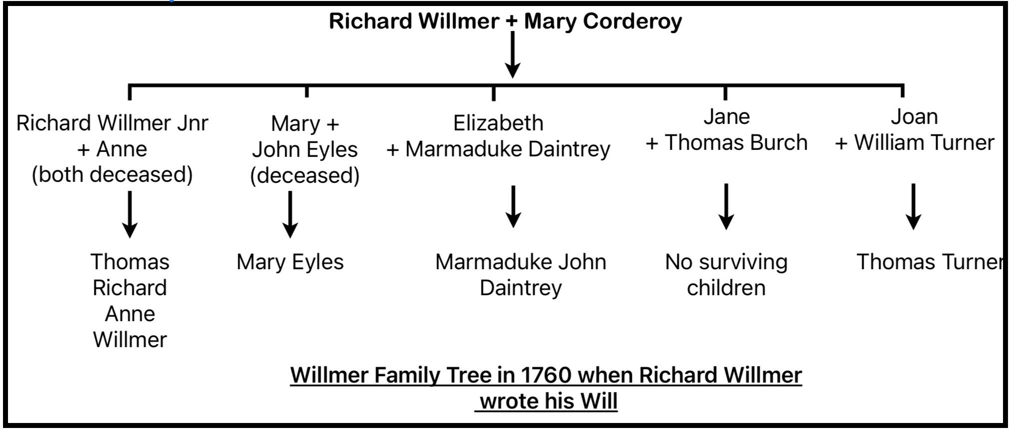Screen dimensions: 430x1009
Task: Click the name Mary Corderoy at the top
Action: (603, 21)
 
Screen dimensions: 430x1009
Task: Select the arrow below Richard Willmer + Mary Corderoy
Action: (512, 55)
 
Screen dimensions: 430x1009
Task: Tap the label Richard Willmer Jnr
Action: (112, 123)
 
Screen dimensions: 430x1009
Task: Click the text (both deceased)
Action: (112, 174)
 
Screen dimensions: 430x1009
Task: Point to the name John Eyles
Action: (305, 149)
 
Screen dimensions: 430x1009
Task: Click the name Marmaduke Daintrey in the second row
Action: (507, 149)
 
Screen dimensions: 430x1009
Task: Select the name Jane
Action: (726, 116)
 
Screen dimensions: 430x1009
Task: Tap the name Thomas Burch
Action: (735, 142)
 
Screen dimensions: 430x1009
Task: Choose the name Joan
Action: (914, 116)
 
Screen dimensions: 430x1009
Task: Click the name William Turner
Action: (924, 142)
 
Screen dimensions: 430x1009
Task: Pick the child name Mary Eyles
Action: (290, 262)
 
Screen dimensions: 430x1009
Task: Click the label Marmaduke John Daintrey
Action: (520, 275)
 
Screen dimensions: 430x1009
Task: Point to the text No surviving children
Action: (726, 275)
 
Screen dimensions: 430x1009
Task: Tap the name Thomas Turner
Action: (929, 262)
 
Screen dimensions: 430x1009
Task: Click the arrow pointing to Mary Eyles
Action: (290, 215)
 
